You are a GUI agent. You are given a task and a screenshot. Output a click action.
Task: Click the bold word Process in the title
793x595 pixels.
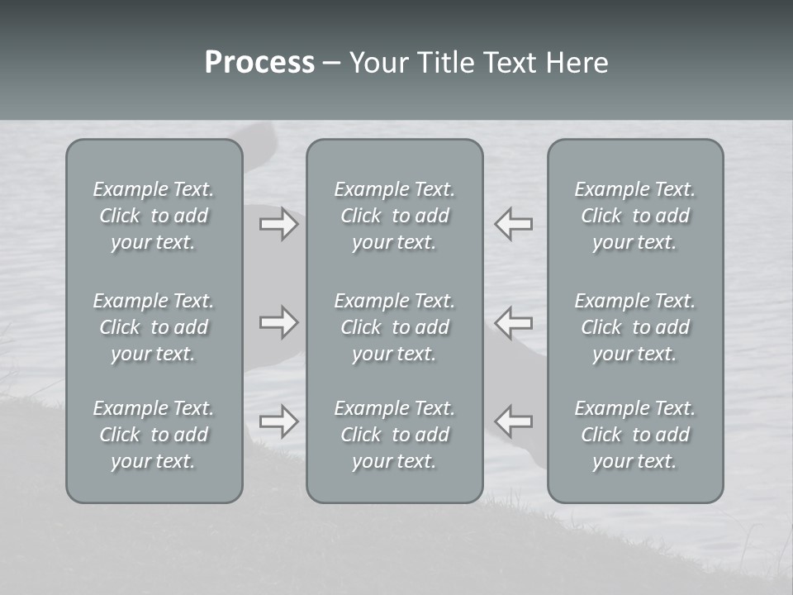point(259,63)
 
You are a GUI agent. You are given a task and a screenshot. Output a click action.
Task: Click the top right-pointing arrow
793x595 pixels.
point(278,225)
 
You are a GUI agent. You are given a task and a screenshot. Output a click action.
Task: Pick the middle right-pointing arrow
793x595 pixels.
point(278,322)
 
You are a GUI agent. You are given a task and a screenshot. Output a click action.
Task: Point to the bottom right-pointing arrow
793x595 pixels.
point(278,421)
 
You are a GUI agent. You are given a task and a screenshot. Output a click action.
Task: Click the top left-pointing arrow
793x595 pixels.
point(514,225)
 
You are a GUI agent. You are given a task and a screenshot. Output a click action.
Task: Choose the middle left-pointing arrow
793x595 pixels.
point(514,322)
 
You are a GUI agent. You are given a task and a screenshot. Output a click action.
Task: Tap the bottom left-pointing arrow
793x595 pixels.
point(514,421)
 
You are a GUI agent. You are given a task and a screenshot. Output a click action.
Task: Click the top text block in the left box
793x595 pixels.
point(154,216)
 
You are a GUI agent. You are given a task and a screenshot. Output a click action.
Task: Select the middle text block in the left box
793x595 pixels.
point(154,327)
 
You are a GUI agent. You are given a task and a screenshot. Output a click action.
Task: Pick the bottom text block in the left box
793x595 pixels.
point(154,435)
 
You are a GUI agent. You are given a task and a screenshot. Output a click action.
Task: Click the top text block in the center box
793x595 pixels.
point(394,216)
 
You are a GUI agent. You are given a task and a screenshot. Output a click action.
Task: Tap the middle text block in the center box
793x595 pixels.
point(394,327)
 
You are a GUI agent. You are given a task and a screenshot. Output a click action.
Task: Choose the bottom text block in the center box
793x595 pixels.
point(394,435)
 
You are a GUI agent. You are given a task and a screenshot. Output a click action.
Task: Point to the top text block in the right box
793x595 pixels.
point(634,216)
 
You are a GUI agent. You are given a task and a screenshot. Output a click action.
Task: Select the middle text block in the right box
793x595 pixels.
point(634,327)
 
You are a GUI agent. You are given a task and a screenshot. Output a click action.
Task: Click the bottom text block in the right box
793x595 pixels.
point(634,435)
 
